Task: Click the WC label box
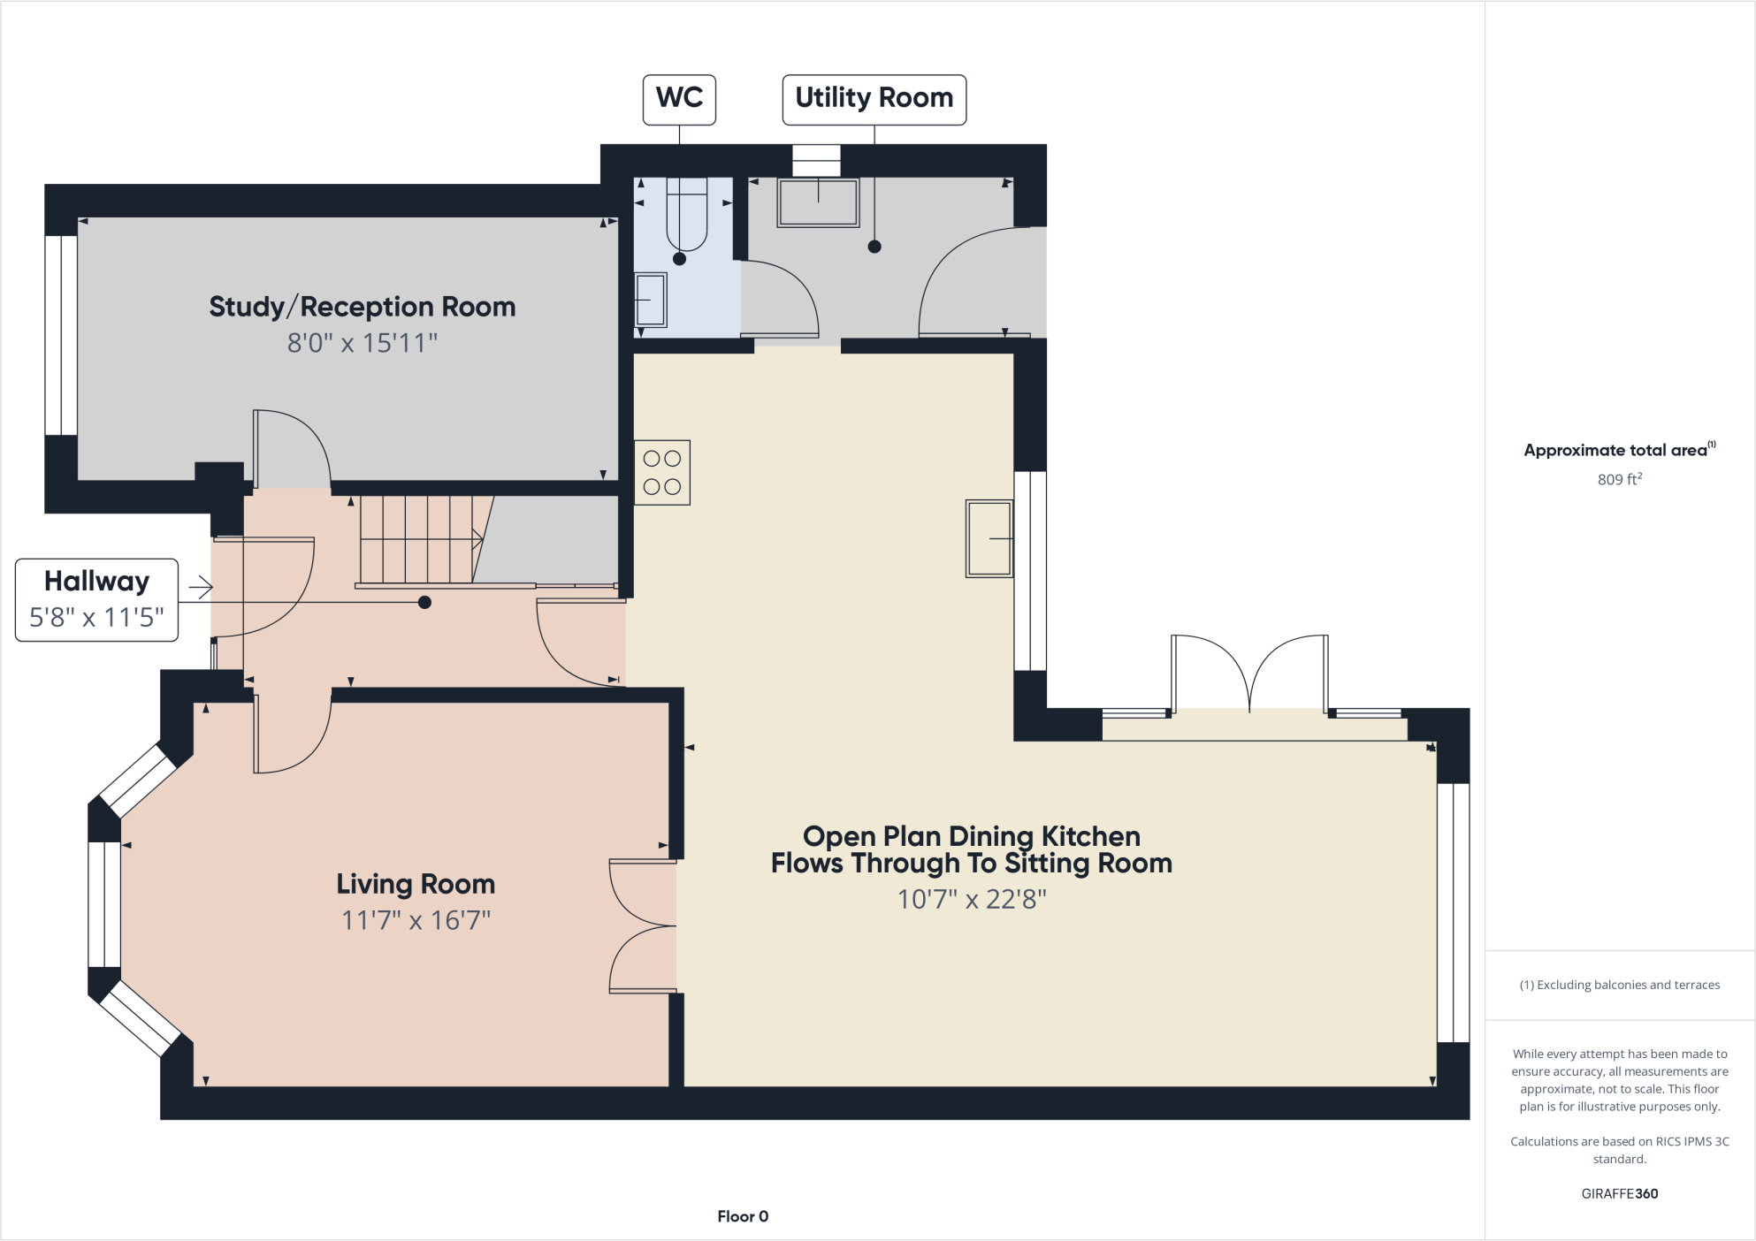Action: tap(679, 99)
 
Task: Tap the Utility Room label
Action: tap(874, 99)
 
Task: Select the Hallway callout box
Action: tap(96, 599)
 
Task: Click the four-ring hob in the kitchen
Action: tap(662, 473)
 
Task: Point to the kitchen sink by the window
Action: tap(989, 538)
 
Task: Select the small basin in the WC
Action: tap(651, 300)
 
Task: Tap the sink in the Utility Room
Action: tap(818, 202)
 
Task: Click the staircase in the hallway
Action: tap(420, 539)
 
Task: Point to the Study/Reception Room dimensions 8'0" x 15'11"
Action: tap(363, 343)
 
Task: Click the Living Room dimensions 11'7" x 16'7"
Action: tap(416, 920)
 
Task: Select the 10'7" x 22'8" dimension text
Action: tap(972, 899)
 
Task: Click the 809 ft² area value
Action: tap(1619, 479)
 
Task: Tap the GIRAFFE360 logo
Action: tap(1619, 1193)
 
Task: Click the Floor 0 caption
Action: tap(743, 1216)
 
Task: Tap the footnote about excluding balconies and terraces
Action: tap(1619, 985)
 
